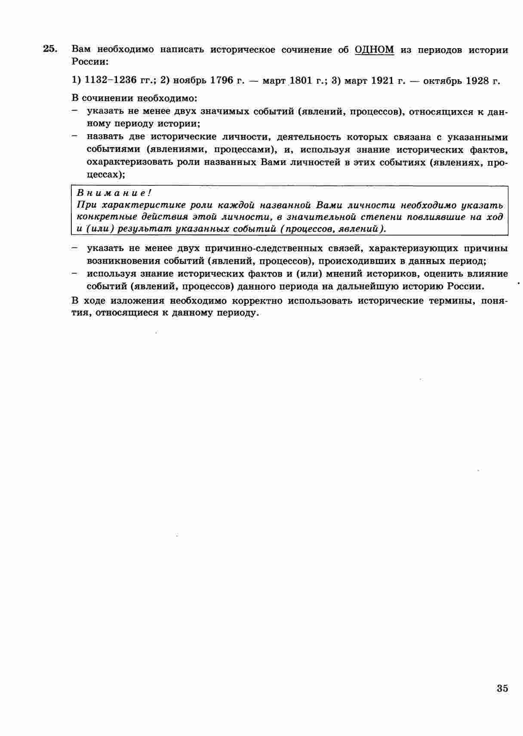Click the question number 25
(49, 49)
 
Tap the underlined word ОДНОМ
(374, 49)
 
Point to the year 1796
(221, 80)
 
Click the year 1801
(304, 80)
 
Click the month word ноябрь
(188, 80)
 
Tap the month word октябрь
(440, 80)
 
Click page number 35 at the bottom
(502, 688)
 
